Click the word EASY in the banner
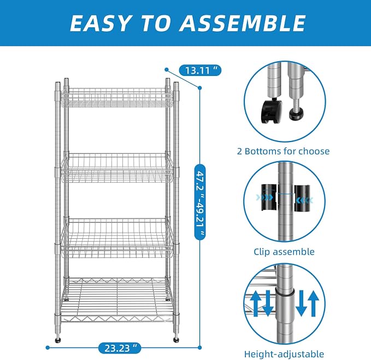click(100, 23)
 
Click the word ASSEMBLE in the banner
click(242, 23)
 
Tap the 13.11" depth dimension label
click(200, 70)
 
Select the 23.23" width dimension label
click(120, 348)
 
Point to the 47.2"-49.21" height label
click(200, 202)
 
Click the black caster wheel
click(270, 111)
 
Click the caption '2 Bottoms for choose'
click(283, 151)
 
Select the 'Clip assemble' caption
click(284, 252)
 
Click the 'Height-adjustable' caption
click(284, 354)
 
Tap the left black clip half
click(269, 197)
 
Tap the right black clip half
click(302, 198)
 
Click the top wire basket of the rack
click(116, 97)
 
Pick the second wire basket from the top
click(116, 168)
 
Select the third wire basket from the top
click(116, 238)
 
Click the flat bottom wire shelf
click(116, 300)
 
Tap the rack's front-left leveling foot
click(58, 340)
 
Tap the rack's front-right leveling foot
click(176, 340)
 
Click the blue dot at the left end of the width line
click(48, 347)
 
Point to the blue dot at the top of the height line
click(200, 88)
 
